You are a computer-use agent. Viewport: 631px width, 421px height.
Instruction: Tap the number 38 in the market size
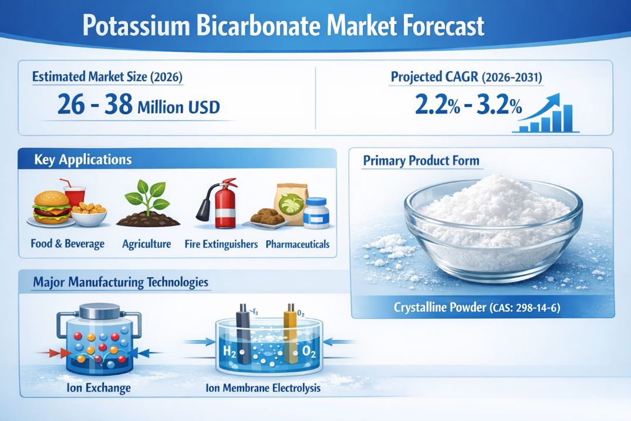pos(119,104)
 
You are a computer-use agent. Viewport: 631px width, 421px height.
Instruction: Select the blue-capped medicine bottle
pos(316,213)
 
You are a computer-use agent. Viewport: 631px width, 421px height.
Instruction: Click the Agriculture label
pos(147,244)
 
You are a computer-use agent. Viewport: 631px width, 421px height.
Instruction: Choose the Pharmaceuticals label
pos(298,244)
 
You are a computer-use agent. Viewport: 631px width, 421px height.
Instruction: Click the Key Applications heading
pos(83,159)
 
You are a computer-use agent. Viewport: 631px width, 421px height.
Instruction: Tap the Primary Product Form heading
pos(421,161)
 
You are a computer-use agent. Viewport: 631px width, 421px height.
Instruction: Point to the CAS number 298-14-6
pos(538,308)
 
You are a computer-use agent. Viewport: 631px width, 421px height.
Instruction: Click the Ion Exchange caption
pos(99,388)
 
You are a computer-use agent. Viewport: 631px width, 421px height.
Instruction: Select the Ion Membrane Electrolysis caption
pos(263,388)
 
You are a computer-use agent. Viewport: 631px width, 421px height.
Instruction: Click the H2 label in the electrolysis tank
pos(229,351)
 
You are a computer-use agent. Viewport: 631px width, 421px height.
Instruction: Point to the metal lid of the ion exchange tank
pos(100,312)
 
